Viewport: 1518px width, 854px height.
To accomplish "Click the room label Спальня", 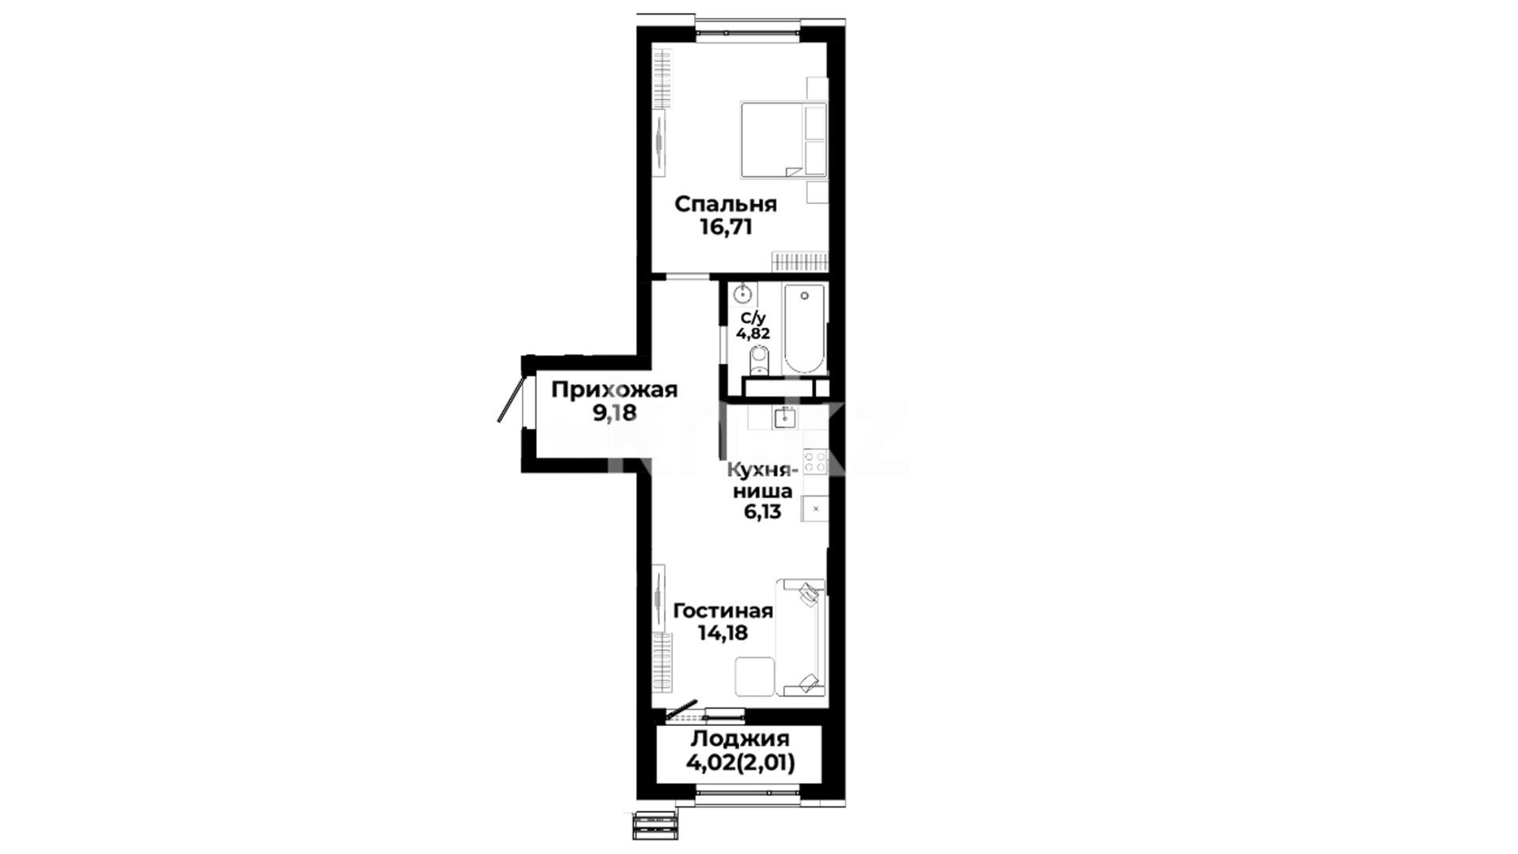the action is (726, 205).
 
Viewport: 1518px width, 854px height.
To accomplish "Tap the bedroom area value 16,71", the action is (726, 228).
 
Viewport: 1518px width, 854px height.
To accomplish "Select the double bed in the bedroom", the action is (783, 139).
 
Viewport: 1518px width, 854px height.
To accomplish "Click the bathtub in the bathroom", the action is (804, 330).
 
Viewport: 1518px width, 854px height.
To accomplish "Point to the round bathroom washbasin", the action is (743, 295).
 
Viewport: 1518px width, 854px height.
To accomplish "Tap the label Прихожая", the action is (614, 390).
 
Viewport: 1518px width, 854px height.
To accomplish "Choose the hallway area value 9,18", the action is (614, 413).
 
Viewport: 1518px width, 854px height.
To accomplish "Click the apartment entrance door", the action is (512, 399).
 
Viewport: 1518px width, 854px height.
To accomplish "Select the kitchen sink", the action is (785, 417).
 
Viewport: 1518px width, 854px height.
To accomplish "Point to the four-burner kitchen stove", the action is (815, 462).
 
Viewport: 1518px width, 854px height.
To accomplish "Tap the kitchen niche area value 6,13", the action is (761, 512).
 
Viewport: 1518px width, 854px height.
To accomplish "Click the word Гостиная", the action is (723, 611).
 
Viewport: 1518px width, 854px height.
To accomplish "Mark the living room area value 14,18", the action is (723, 633).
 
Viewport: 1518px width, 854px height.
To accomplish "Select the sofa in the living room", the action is (802, 637).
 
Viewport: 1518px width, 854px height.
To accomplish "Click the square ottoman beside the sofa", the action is (754, 676).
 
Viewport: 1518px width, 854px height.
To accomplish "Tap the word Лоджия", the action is (740, 739).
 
